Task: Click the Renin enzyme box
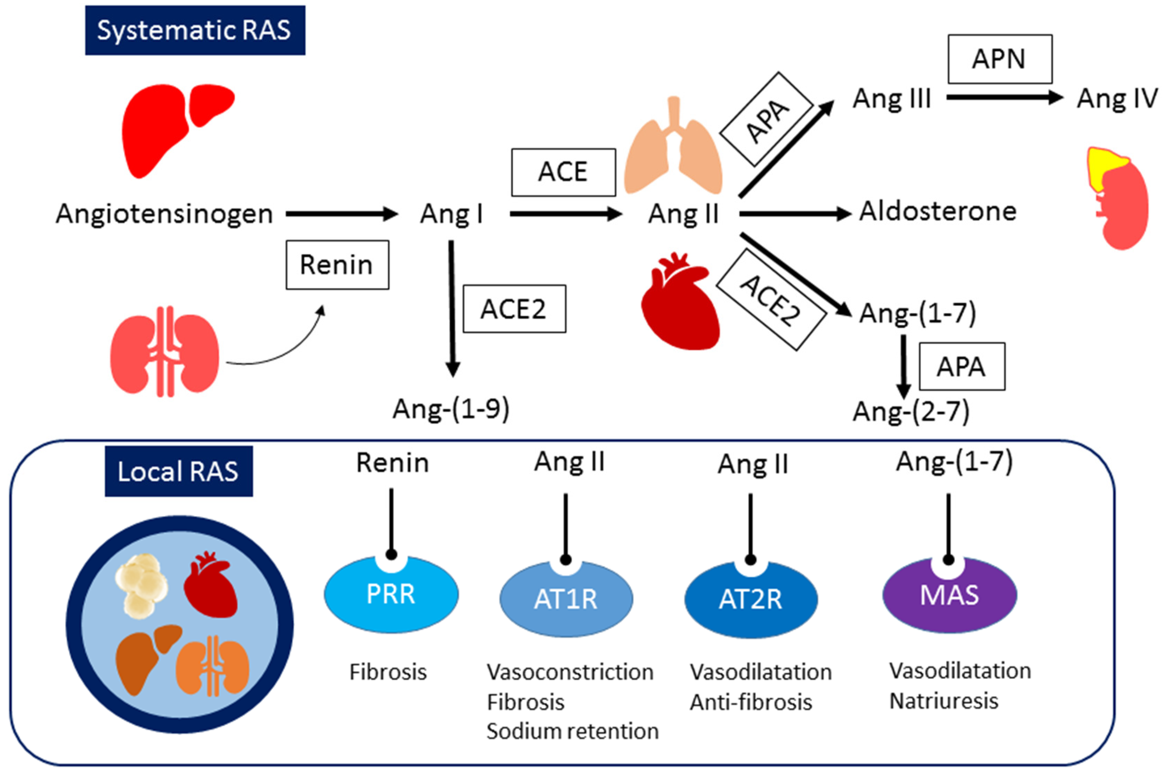337,265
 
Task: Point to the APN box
999,59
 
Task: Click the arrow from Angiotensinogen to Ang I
341,214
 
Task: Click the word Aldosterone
938,212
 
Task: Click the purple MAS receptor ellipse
949,595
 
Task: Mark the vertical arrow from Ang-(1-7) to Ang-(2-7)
904,366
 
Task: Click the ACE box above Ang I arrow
563,172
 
